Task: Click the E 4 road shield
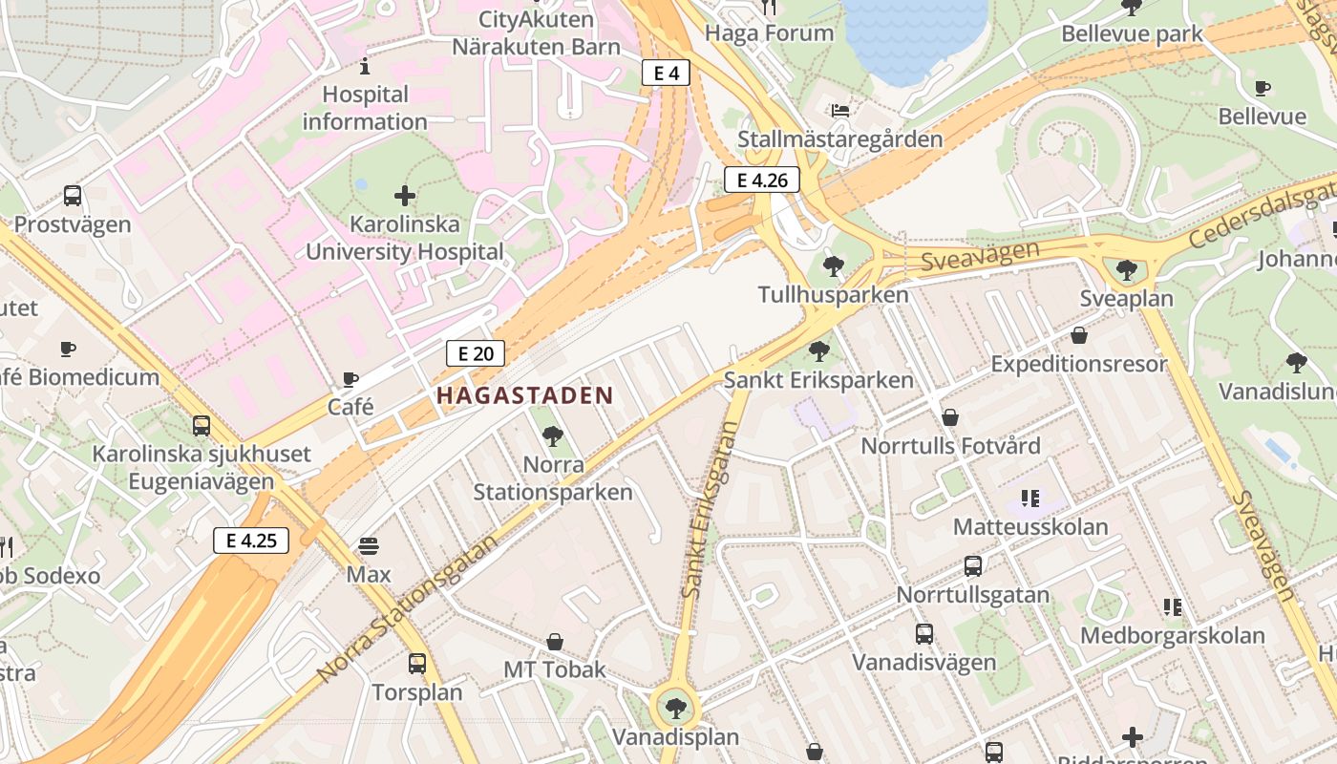tap(666, 73)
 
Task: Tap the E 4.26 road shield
tap(761, 180)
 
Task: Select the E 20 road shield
tap(475, 353)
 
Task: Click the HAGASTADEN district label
tap(524, 395)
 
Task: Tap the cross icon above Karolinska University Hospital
tap(405, 196)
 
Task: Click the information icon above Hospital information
tap(364, 66)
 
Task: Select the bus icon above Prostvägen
tap(73, 196)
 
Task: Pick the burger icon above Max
tap(369, 546)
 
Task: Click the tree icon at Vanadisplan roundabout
tap(675, 708)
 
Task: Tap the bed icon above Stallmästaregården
tap(839, 111)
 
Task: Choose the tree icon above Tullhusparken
tap(833, 266)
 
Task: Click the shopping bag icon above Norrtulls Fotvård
tap(950, 417)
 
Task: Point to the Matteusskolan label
tap(1030, 526)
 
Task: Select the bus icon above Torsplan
tap(416, 664)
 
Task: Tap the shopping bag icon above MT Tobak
tap(555, 641)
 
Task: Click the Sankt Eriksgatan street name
tap(711, 511)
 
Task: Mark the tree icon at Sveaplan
tap(1127, 269)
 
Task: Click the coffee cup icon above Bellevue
tap(1263, 88)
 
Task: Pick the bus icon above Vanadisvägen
tap(923, 633)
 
